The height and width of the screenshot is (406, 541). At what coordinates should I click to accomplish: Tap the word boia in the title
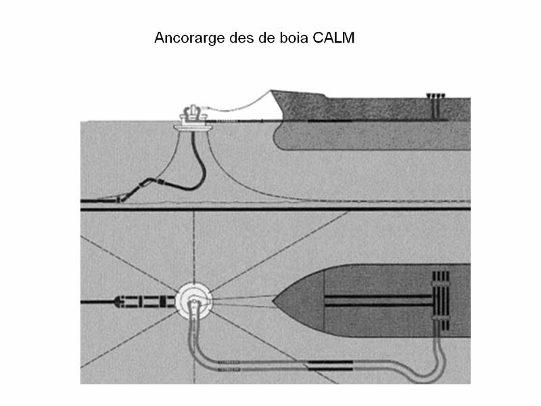pos(294,38)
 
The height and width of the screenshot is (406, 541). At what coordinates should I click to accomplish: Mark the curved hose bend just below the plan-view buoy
pos(195,318)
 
